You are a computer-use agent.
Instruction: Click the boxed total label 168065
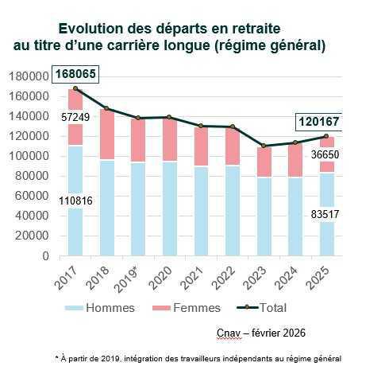click(75, 76)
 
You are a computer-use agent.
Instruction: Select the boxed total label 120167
click(319, 122)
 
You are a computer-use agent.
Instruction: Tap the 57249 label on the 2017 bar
click(75, 117)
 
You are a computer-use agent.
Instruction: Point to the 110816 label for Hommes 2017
click(75, 201)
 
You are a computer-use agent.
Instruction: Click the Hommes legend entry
click(108, 307)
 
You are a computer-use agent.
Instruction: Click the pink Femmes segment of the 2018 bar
click(106, 135)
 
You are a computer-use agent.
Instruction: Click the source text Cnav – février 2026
click(261, 332)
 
